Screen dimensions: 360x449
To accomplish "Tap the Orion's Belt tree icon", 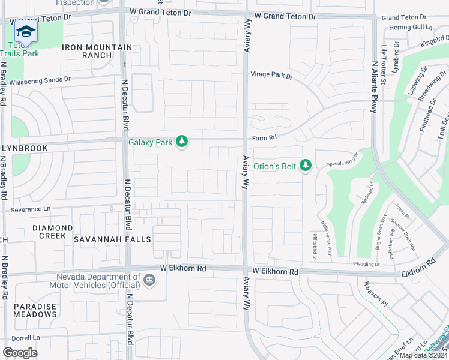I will (x=306, y=165).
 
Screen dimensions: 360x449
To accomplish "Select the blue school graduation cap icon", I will (x=26, y=31).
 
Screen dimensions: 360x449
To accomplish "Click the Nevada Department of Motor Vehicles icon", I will (x=149, y=280).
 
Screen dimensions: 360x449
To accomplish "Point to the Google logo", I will (x=20, y=352).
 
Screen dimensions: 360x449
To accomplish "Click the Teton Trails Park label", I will (x=23, y=49).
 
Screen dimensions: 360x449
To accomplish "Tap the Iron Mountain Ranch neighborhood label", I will (x=96, y=51).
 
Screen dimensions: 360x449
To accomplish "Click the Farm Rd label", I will (x=264, y=137).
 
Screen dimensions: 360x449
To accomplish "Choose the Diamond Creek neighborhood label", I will (x=53, y=232).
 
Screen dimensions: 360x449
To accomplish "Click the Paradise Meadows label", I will (x=35, y=310).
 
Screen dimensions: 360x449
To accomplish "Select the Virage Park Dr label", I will (x=271, y=76).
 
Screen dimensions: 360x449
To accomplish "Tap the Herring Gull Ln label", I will (x=411, y=28).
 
